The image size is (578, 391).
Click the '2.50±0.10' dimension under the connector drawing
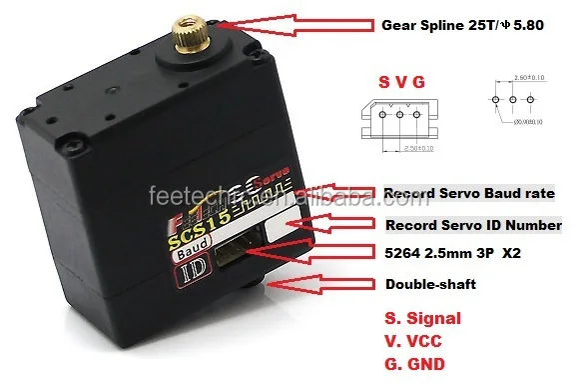393,148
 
